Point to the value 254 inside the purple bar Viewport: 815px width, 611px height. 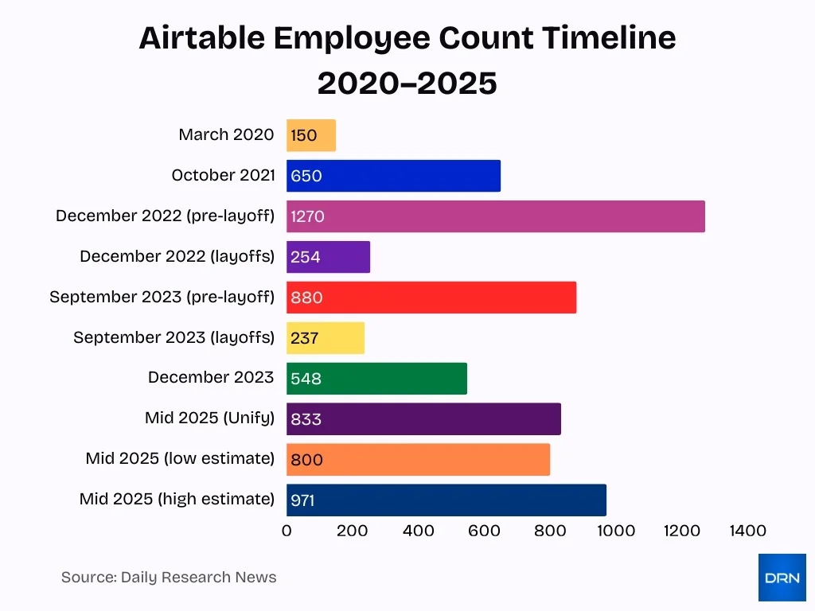[x=306, y=257]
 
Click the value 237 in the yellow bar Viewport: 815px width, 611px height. [x=304, y=338]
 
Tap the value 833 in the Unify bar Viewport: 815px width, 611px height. [x=306, y=419]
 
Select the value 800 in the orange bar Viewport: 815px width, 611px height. [x=306, y=460]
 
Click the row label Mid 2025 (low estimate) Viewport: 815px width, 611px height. [x=180, y=459]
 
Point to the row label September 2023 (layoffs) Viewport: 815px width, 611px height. [x=174, y=337]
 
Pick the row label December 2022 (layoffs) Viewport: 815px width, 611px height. [x=177, y=256]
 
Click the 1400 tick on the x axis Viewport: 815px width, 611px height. [x=747, y=531]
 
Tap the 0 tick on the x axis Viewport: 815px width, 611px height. [x=287, y=531]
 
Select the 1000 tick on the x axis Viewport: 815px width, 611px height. [x=616, y=531]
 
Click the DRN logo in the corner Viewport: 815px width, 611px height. [x=782, y=578]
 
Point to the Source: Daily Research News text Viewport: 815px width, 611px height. [x=169, y=578]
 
